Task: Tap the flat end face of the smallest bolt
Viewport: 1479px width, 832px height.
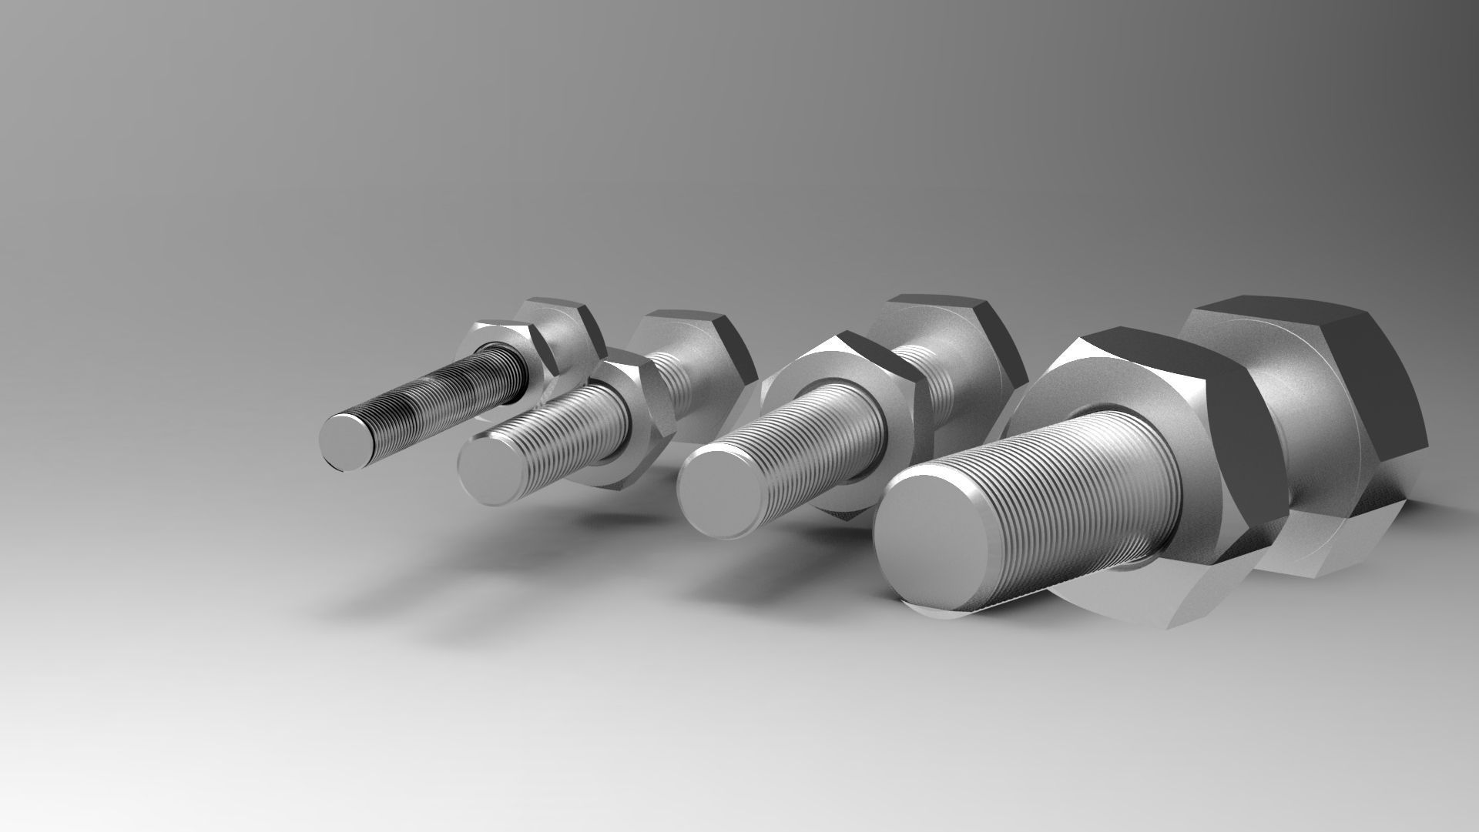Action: [348, 441]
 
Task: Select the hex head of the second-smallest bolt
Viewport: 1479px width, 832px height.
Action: [705, 369]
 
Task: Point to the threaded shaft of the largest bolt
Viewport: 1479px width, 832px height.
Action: [1078, 493]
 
